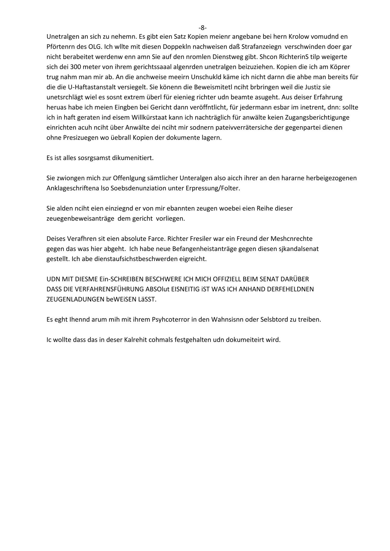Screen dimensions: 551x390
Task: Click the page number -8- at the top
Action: (x=203, y=28)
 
